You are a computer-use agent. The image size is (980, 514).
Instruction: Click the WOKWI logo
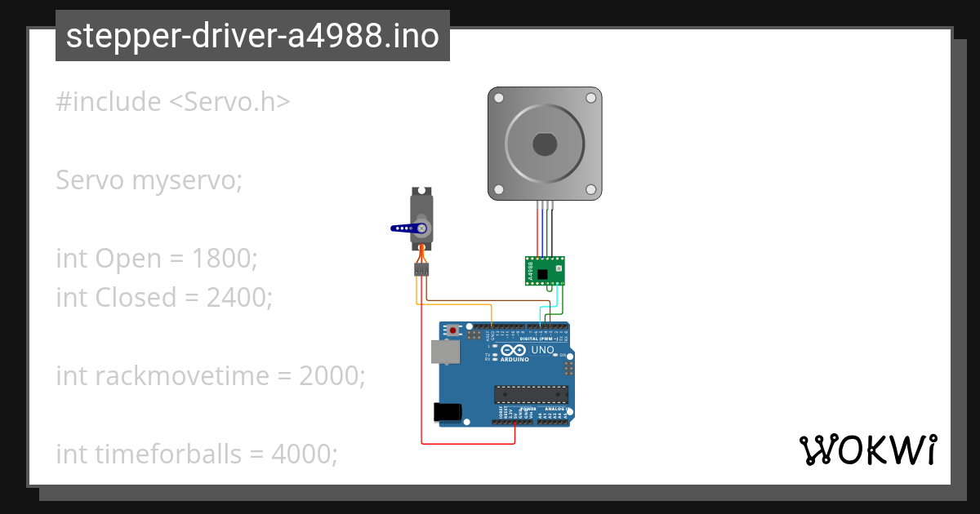[867, 450]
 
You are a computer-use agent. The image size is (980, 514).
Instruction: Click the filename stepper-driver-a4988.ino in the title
[252, 36]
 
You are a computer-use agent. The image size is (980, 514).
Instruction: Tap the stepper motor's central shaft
[545, 144]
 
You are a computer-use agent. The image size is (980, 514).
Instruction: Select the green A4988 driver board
[544, 270]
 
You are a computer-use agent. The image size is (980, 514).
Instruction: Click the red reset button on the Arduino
[453, 330]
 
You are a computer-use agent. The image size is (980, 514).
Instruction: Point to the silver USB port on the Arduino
[445, 352]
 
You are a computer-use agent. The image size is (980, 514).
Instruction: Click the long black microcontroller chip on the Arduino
[530, 394]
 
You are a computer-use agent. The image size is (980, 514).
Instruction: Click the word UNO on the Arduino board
[543, 350]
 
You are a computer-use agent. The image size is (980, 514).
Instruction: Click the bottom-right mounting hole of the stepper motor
[590, 190]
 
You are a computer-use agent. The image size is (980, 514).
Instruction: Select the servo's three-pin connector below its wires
[421, 268]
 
